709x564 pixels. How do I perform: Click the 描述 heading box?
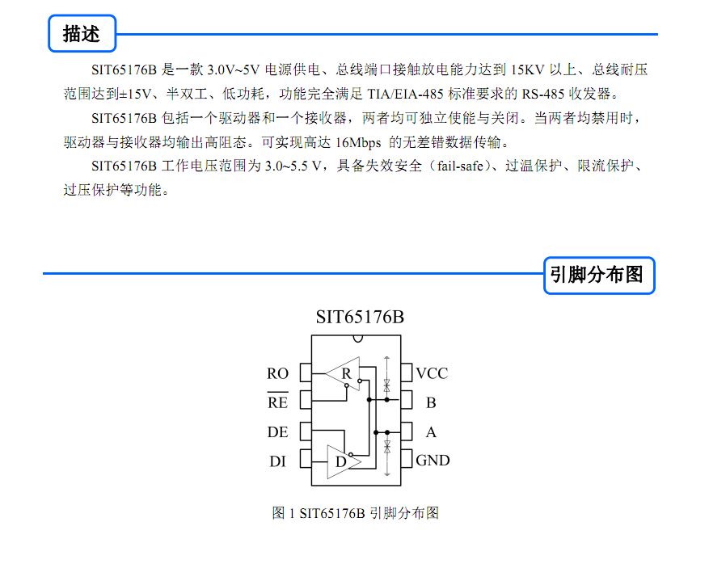82,33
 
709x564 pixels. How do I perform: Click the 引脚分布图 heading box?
599,276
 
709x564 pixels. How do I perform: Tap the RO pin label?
277,373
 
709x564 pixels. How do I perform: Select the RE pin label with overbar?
277,402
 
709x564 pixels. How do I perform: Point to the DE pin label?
277,432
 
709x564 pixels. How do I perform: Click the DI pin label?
277,461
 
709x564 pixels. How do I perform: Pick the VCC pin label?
432,373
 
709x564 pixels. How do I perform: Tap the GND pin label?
433,461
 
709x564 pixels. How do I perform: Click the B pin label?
432,402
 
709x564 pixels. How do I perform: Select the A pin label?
432,432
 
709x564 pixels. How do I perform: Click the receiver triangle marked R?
343,374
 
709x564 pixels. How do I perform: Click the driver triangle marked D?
344,462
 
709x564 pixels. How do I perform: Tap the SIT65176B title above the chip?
360,318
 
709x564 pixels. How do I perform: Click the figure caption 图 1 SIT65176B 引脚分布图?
356,513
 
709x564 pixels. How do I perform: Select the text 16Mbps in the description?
359,143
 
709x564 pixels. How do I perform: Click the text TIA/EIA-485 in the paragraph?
405,94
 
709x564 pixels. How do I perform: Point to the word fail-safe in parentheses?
460,166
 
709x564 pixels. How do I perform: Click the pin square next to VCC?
407,372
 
